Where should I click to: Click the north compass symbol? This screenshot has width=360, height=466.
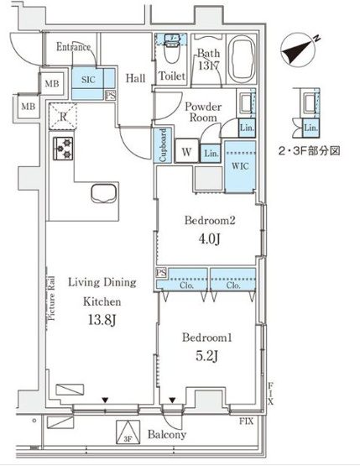(300, 50)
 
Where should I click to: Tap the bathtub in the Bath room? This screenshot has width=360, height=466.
(243, 59)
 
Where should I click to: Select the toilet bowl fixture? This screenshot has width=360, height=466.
(171, 52)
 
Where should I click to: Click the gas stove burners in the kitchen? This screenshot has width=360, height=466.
(63, 148)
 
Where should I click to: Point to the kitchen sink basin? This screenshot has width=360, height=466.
(103, 194)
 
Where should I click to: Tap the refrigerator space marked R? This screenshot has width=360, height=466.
(63, 116)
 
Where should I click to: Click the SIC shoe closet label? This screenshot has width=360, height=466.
(88, 80)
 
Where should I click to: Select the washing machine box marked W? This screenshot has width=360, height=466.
(186, 151)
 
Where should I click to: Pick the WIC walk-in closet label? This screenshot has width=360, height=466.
(240, 166)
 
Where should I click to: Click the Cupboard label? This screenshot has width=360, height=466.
(163, 145)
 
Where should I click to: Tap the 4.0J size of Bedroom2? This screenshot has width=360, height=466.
(210, 239)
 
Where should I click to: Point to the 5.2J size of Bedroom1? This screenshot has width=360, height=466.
(207, 356)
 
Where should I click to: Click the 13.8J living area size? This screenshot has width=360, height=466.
(102, 320)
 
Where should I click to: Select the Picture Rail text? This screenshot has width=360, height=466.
(51, 298)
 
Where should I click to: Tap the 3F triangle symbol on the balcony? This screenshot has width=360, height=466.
(128, 432)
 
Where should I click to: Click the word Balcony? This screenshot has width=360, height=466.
(167, 434)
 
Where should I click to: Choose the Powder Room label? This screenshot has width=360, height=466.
(203, 112)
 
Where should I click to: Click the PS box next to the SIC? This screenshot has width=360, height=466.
(111, 96)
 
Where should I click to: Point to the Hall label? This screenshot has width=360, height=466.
(135, 78)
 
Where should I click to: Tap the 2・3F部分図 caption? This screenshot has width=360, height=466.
(309, 151)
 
